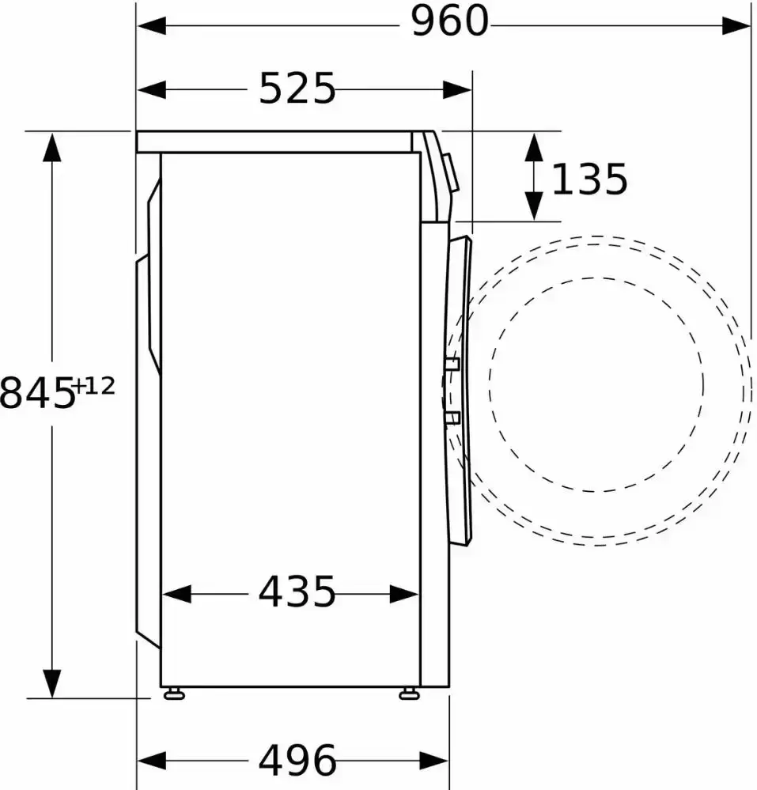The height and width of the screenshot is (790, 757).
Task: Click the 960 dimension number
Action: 450,21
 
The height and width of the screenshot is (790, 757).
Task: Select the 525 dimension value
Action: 297,88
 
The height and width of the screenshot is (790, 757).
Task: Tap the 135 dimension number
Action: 589,179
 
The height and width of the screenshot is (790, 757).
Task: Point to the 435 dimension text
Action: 297,592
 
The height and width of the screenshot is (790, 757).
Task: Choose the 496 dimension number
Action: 297,760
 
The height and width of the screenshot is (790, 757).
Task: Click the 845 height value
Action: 37,394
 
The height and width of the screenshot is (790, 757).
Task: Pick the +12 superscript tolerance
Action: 94,387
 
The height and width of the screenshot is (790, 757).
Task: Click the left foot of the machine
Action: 174,694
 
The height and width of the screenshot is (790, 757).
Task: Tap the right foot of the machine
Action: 409,694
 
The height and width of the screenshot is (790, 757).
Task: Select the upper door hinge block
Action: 452,365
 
